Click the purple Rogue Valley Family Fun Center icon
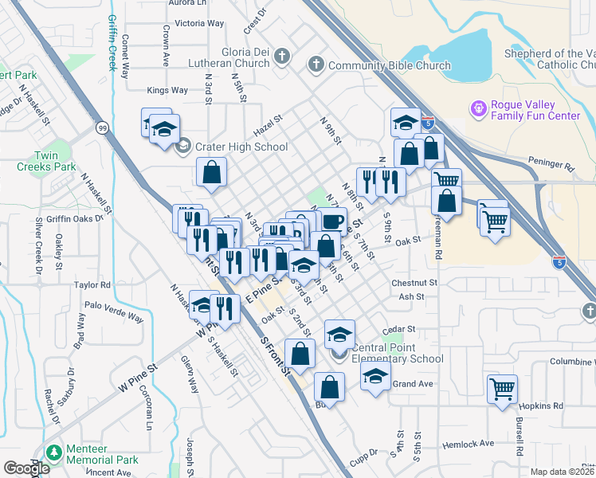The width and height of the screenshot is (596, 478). tap(478, 108)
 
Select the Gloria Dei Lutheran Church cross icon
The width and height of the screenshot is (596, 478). tap(283, 56)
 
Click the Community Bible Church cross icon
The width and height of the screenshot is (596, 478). tap(316, 65)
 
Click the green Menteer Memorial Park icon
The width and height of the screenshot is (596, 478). tap(53, 453)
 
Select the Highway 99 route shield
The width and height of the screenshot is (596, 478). tap(102, 127)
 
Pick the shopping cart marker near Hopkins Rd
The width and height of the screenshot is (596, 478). tap(502, 389)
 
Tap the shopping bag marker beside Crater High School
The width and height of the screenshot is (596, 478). tap(212, 172)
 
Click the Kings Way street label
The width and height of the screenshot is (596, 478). tap(167, 90)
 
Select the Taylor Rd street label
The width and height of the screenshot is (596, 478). tap(92, 284)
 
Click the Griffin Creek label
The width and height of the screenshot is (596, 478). tap(111, 36)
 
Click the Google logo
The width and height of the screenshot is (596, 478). tap(27, 468)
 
